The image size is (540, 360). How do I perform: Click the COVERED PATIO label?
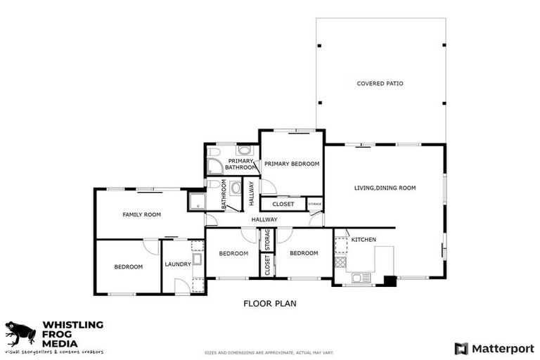pos(380,84)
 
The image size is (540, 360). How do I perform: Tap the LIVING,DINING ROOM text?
pos(385,188)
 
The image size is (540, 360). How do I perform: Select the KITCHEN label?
pos(364,240)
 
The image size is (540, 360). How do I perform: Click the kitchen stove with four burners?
pos(340,262)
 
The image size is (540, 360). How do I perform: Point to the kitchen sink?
pos(361,278)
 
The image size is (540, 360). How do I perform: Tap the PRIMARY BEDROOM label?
pos(292,164)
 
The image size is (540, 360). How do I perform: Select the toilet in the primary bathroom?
pos(214,151)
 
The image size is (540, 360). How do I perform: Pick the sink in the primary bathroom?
pos(244,150)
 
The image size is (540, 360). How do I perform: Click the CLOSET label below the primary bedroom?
pos(283,205)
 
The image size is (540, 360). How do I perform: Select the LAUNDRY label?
pos(177,264)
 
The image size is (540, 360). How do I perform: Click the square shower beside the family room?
pos(196,202)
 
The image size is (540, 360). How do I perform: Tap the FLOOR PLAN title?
pos(270,304)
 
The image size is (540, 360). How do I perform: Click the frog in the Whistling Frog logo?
pos(20,333)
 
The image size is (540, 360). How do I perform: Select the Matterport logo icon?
pos(461,348)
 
